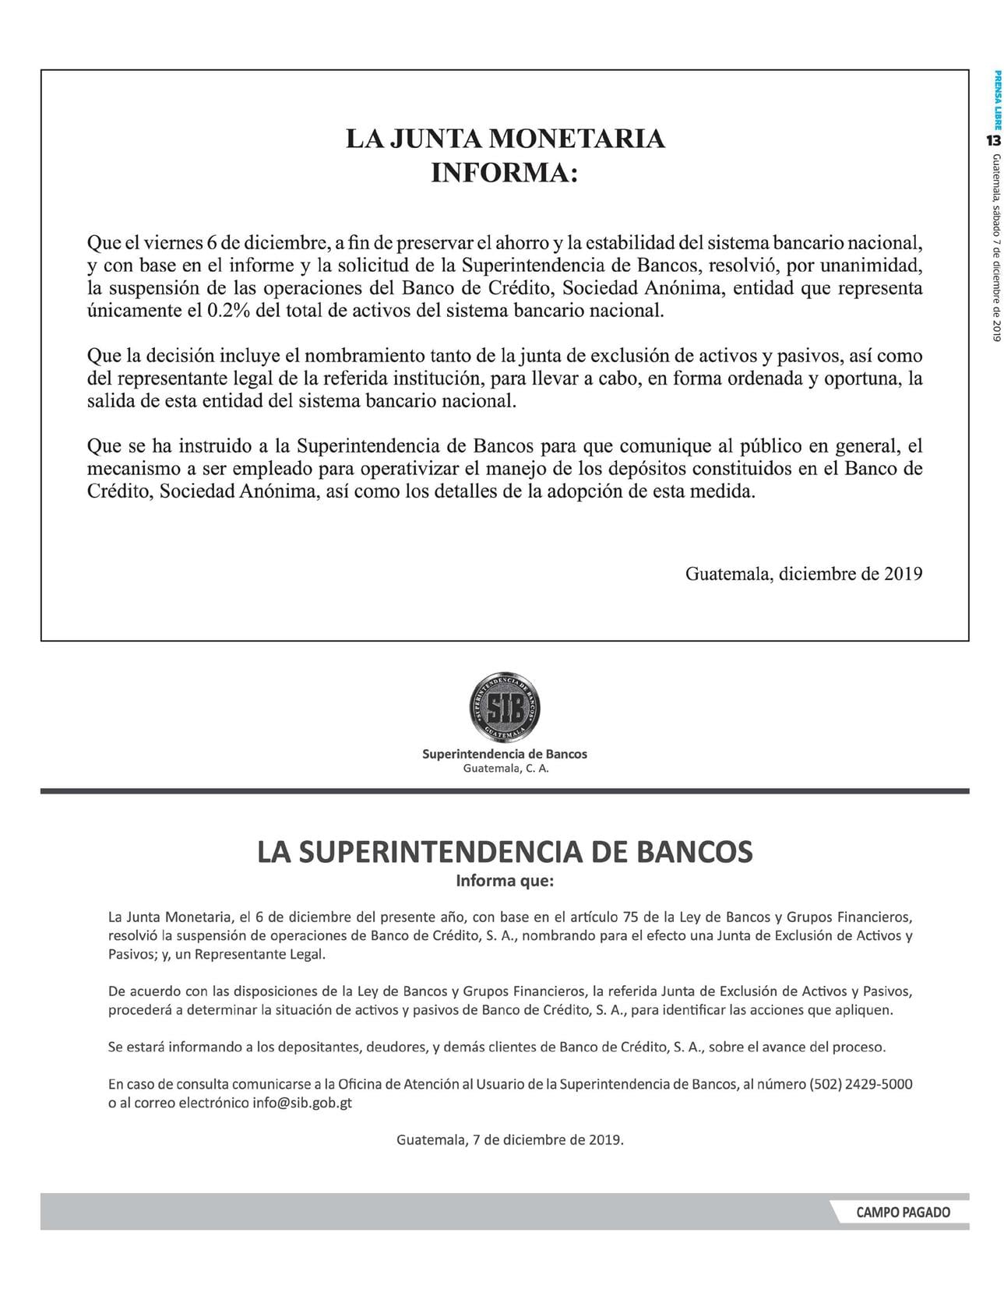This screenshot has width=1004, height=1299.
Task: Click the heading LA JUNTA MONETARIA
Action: click(505, 139)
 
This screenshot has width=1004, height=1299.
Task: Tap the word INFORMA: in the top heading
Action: click(505, 171)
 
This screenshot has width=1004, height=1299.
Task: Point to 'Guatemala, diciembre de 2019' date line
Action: click(803, 574)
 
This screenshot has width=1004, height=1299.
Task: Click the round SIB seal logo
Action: click(505, 708)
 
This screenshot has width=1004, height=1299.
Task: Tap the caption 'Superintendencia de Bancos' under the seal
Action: click(505, 754)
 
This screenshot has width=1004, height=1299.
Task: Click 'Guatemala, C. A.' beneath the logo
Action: click(506, 769)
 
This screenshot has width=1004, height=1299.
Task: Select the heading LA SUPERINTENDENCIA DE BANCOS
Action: click(505, 851)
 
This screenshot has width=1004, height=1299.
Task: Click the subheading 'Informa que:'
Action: click(505, 881)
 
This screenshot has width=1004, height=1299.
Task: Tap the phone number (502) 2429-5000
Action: click(861, 1084)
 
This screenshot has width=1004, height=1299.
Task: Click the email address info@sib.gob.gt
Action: click(302, 1104)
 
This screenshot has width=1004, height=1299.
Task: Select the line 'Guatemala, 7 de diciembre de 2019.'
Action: click(510, 1139)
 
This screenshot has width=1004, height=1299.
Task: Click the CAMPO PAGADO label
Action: click(903, 1213)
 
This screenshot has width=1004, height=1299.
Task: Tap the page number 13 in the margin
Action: click(993, 140)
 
